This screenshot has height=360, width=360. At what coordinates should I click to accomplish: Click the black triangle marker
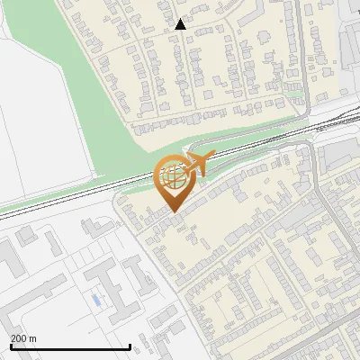181,24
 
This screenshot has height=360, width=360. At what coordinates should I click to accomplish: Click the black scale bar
70,346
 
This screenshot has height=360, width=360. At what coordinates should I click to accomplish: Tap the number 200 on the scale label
19,338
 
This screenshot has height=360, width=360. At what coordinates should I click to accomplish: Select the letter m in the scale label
32,338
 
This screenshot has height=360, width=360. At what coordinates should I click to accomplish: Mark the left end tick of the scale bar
10,346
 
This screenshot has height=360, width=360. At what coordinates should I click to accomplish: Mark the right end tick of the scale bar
130,346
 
